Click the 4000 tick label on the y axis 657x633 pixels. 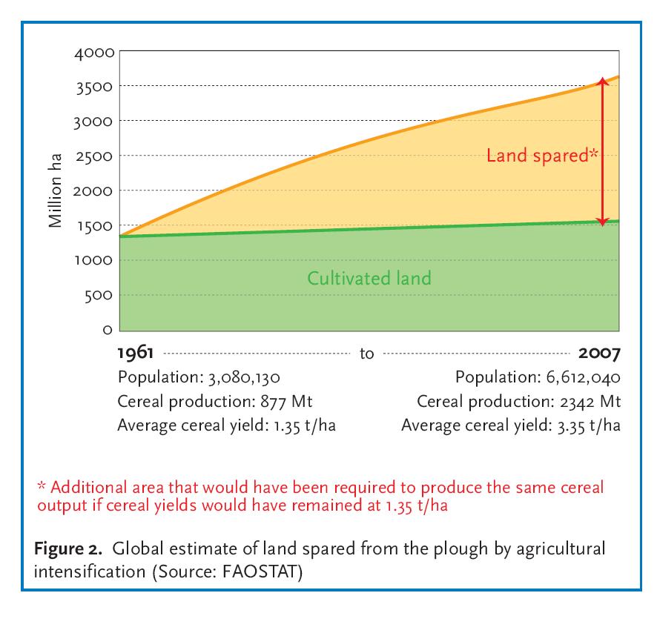click(94, 53)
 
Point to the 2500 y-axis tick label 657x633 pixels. click(94, 156)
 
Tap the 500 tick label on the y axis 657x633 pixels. click(99, 296)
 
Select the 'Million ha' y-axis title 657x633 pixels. click(55, 190)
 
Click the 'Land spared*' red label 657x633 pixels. click(542, 156)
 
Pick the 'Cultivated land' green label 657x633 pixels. click(369, 278)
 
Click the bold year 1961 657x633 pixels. click(136, 353)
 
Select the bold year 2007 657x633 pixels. click(599, 353)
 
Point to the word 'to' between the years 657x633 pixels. click(366, 354)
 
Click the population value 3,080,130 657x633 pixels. click(244, 377)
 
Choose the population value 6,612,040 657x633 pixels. click(584, 377)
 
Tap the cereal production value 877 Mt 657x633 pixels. click(286, 401)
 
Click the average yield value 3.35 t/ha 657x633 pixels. click(589, 425)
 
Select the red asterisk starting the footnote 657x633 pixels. click(42, 486)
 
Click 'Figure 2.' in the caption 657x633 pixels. click(68, 549)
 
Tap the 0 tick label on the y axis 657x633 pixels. click(108, 330)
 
